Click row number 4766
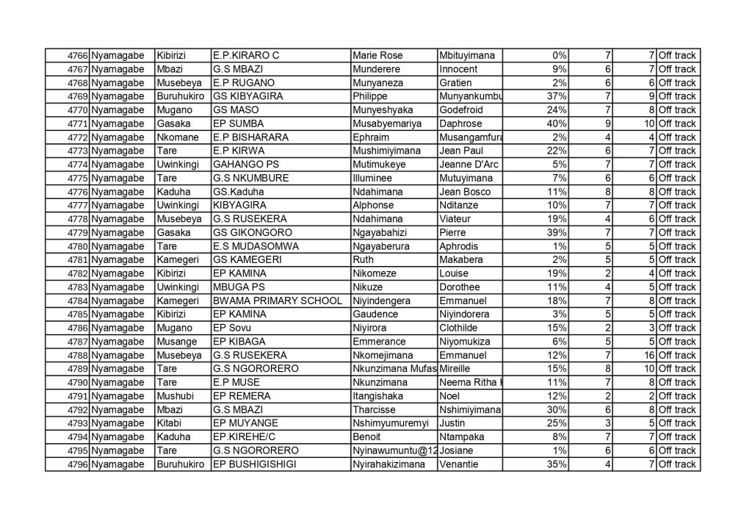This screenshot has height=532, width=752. (x=78, y=56)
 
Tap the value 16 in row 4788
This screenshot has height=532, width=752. (x=648, y=355)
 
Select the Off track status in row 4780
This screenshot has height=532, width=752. (x=677, y=246)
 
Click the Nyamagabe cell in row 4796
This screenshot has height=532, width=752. (x=118, y=464)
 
